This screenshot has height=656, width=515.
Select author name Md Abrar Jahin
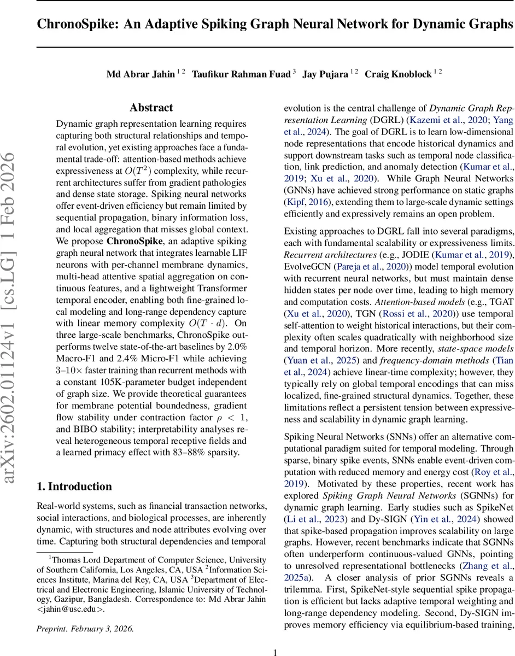point(141,74)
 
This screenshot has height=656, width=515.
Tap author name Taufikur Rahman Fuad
point(241,74)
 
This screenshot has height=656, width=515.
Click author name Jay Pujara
point(325,74)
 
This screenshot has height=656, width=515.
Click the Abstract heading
point(151,108)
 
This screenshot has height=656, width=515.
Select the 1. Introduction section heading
point(74,487)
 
